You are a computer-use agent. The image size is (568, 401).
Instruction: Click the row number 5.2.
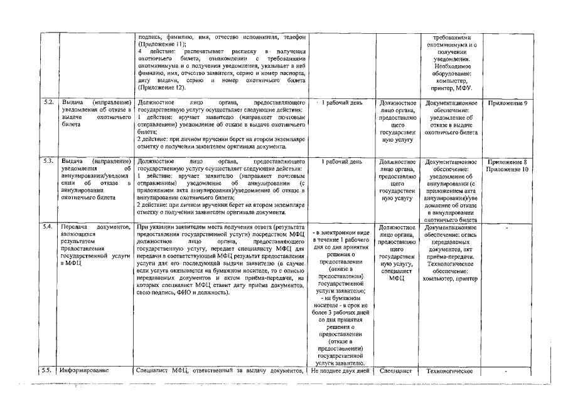(x=47, y=102)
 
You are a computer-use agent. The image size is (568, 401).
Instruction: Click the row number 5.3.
(x=47, y=162)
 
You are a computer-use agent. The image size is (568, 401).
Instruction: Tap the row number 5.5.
(x=47, y=370)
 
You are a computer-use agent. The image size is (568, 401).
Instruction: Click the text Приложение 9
(x=507, y=102)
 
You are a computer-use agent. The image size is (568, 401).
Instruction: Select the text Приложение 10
(x=507, y=170)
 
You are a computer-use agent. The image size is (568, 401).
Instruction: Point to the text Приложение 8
(x=507, y=162)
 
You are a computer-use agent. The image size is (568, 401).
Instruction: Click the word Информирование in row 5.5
(x=84, y=370)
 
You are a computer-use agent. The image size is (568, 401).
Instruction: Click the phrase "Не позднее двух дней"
(x=341, y=370)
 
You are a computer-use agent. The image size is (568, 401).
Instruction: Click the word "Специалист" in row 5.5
(x=395, y=370)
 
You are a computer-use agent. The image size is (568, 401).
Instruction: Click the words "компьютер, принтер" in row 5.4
(x=451, y=278)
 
